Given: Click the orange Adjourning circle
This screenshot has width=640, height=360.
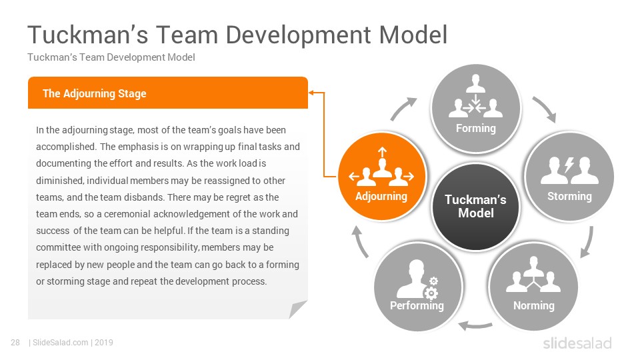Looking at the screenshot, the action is click(x=382, y=176).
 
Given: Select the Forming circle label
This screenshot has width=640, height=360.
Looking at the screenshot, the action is click(x=476, y=128).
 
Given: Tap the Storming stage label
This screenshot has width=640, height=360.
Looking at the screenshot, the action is click(x=569, y=196).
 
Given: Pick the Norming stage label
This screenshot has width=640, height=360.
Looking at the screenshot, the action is click(x=534, y=305).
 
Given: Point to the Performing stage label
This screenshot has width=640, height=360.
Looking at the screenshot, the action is click(x=417, y=306).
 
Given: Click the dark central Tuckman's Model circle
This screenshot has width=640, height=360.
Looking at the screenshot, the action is click(x=475, y=207).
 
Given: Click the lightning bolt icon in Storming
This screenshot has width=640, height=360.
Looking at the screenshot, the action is click(x=569, y=165).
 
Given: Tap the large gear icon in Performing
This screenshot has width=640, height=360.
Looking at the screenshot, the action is click(x=431, y=293).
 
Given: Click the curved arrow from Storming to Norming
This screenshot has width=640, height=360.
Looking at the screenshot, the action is click(x=588, y=242).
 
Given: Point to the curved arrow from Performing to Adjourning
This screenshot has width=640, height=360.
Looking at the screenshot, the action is click(x=360, y=241).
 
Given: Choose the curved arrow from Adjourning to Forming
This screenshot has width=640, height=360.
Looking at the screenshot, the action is click(x=403, y=109).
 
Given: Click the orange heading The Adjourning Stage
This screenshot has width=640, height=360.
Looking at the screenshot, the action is click(x=94, y=93).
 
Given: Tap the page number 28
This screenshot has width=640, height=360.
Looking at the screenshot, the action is click(x=15, y=343).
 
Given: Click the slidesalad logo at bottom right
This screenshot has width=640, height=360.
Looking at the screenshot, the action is click(x=577, y=343).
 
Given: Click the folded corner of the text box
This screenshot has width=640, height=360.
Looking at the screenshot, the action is click(x=297, y=309).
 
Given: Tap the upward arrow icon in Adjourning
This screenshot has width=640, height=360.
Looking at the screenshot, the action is click(x=382, y=153).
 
